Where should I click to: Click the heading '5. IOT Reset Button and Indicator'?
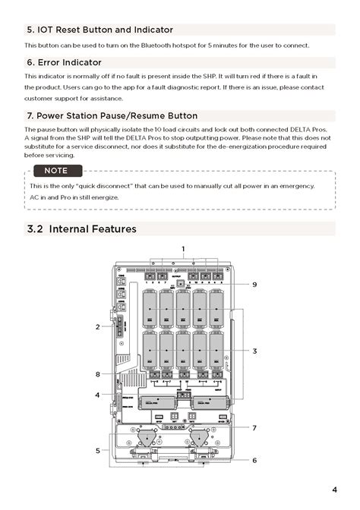click(99, 30)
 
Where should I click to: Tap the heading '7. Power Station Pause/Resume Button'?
click(112, 115)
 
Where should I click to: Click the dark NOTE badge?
click(55, 171)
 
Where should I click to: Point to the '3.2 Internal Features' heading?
click(81, 229)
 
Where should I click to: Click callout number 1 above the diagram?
click(183, 249)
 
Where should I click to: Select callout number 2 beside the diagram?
click(98, 326)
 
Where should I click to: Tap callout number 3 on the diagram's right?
click(255, 351)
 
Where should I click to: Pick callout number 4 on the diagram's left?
click(98, 395)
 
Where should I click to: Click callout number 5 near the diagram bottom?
click(98, 450)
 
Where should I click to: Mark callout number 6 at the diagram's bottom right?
click(254, 460)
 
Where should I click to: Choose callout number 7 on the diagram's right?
click(254, 427)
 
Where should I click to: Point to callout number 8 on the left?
click(98, 374)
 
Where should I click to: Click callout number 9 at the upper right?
click(254, 284)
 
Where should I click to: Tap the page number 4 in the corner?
click(334, 490)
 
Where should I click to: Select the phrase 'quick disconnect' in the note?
click(101, 186)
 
